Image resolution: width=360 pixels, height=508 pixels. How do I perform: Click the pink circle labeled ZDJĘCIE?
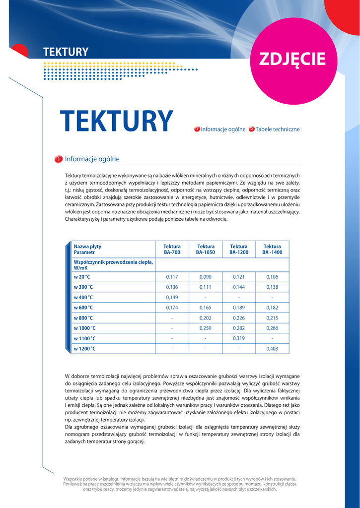click(x=292, y=59)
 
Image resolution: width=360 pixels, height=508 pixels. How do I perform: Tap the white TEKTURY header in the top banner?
click(x=66, y=52)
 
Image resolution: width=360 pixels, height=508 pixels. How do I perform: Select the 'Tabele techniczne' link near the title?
click(x=277, y=129)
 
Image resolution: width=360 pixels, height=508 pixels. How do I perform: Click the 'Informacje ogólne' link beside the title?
click(x=223, y=129)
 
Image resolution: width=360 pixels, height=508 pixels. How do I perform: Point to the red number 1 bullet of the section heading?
click(x=58, y=159)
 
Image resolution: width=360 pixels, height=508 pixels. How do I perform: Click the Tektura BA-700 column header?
click(x=172, y=250)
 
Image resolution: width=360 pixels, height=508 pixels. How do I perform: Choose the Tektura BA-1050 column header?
click(x=206, y=250)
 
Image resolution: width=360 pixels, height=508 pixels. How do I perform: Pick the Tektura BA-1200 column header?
click(x=239, y=250)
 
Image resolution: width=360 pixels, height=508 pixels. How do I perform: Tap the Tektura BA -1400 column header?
click(x=272, y=250)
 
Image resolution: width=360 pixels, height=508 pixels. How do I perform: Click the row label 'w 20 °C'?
click(x=82, y=277)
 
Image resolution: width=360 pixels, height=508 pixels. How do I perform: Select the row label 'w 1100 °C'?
click(x=85, y=338)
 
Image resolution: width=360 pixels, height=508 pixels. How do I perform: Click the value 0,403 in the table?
click(x=272, y=349)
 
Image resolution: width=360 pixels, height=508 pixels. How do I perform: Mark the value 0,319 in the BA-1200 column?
click(x=239, y=338)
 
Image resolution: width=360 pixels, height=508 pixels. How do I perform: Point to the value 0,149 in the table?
click(x=172, y=298)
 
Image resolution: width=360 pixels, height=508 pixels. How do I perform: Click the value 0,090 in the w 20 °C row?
click(x=206, y=277)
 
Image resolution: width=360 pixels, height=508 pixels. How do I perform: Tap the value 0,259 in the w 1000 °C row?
click(x=206, y=328)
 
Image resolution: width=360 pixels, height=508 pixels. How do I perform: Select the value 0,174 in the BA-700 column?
click(x=172, y=308)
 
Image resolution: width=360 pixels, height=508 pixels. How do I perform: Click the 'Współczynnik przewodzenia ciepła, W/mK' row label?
click(x=113, y=264)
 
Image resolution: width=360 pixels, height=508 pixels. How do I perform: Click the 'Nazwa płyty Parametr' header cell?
click(x=87, y=250)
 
